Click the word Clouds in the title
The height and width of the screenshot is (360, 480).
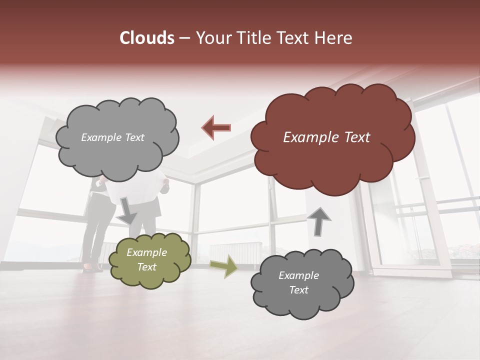click(147, 38)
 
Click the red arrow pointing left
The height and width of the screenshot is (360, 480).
click(216, 127)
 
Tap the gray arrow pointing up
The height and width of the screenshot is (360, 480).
click(318, 221)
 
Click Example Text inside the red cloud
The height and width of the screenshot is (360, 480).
click(326, 137)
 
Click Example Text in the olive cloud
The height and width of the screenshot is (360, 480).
click(147, 260)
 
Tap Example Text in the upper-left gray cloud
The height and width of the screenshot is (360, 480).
click(112, 137)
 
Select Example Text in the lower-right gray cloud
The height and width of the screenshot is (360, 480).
click(298, 282)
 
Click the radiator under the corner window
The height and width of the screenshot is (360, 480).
click(235, 251)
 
